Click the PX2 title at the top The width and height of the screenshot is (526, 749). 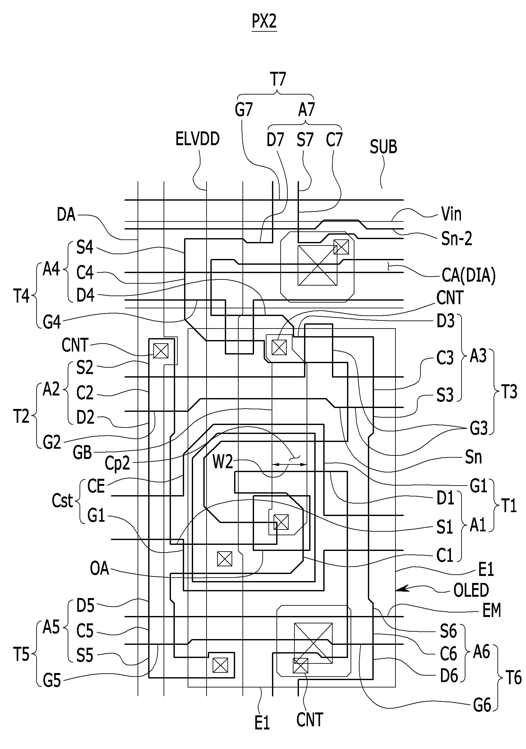(x=264, y=21)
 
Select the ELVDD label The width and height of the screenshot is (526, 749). (x=198, y=139)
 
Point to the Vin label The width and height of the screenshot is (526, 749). (x=451, y=214)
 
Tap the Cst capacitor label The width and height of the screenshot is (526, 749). (x=62, y=500)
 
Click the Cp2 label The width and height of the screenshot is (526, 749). (x=117, y=463)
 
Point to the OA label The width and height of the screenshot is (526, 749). (x=99, y=569)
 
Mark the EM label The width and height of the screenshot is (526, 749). (x=492, y=610)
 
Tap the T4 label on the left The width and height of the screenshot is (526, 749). (x=21, y=296)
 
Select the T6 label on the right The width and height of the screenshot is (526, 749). (x=513, y=678)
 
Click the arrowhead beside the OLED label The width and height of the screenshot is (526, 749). (x=401, y=588)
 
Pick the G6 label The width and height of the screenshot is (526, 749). (x=482, y=706)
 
